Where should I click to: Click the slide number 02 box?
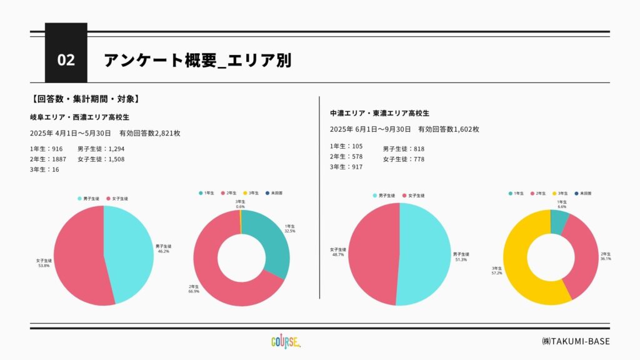coord(66,60)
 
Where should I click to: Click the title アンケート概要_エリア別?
coord(197,60)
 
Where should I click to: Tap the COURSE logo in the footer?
coord(287,341)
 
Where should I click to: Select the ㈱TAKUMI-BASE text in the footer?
coord(575,341)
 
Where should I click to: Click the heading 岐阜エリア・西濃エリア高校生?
coord(79,117)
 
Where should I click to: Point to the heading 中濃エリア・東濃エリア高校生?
coord(379,113)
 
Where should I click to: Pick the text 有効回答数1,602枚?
coord(449,129)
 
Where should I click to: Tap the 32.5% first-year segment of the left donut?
coord(270,241)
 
